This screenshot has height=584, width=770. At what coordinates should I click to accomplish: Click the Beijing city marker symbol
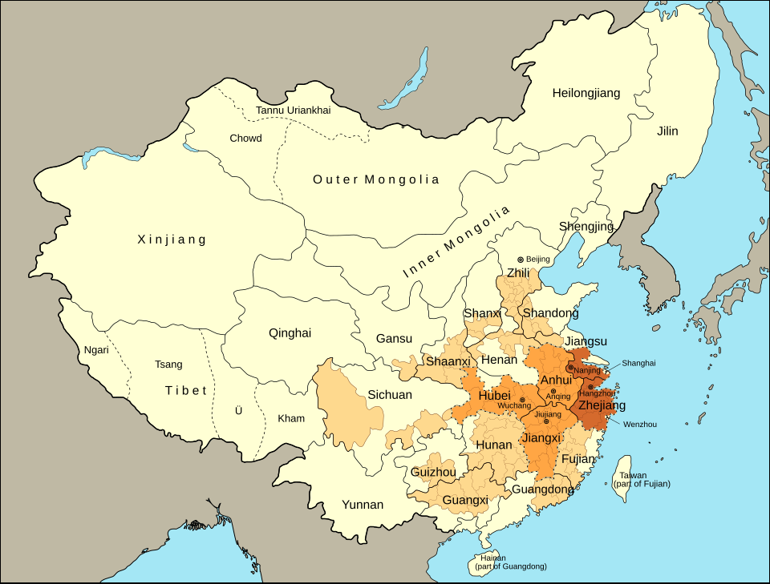point(520,260)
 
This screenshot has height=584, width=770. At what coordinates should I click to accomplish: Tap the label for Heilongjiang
point(586,94)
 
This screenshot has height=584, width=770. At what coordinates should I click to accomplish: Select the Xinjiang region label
point(172,240)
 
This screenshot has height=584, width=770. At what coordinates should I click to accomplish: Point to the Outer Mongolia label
point(375,179)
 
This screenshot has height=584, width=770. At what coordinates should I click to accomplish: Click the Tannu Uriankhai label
point(293,110)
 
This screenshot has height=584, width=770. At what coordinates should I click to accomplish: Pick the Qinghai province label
point(290,333)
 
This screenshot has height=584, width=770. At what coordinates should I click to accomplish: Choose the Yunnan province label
point(363,505)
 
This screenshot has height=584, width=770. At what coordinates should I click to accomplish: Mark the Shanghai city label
point(638,363)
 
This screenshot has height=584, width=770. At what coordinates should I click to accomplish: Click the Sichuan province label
point(390,395)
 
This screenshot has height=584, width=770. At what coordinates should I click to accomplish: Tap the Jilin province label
point(667,131)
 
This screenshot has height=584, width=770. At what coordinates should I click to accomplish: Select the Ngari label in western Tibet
point(96,350)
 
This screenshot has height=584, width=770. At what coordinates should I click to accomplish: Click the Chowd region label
point(245,139)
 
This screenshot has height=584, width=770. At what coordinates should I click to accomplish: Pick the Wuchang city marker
point(522,400)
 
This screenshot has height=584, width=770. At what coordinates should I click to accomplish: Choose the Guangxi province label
point(465,500)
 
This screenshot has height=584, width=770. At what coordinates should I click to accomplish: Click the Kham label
point(291,418)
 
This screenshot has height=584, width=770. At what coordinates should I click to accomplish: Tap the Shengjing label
point(586,226)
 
